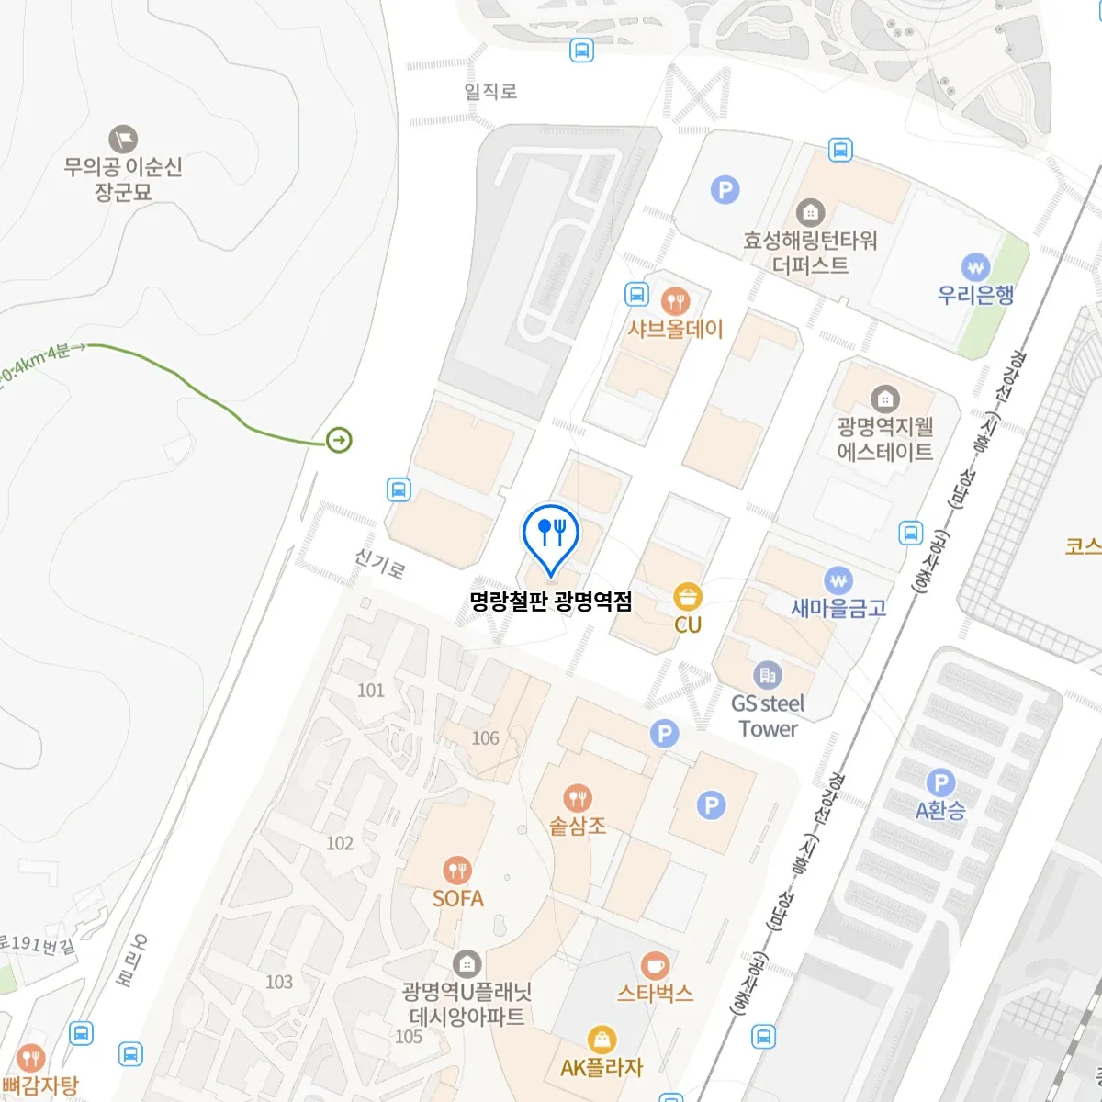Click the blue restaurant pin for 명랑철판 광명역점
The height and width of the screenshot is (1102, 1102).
pyautogui.click(x=550, y=534)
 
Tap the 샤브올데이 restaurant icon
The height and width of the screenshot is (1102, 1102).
pyautogui.click(x=675, y=300)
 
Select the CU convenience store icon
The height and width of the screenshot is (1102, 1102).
pyautogui.click(x=688, y=597)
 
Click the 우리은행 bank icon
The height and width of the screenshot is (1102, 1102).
pyautogui.click(x=975, y=267)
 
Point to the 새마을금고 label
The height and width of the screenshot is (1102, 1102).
pyautogui.click(x=838, y=608)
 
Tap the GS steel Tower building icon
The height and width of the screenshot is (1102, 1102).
pyautogui.click(x=768, y=676)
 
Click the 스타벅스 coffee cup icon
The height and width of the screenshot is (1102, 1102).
pyautogui.click(x=654, y=966)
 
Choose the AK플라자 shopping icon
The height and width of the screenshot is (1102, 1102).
pyautogui.click(x=602, y=1040)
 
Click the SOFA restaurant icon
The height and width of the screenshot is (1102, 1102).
pyautogui.click(x=457, y=871)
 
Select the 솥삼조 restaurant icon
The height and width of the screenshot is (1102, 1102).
pyautogui.click(x=577, y=798)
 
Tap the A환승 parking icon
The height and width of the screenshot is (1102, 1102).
pyautogui.click(x=940, y=783)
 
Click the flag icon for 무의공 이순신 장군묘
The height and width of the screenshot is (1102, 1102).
pyautogui.click(x=123, y=140)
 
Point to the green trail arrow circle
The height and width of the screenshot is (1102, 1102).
pyautogui.click(x=339, y=441)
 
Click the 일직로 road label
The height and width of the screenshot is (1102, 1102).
pyautogui.click(x=490, y=91)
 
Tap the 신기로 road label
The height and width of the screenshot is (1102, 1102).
pyautogui.click(x=379, y=562)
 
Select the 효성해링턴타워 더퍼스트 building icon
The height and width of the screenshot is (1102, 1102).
pyautogui.click(x=810, y=213)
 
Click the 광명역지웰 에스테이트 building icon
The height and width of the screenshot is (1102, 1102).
pyautogui.click(x=884, y=399)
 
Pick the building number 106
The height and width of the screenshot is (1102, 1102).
pyautogui.click(x=485, y=738)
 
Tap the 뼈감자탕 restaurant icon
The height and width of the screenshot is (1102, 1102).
pyautogui.click(x=31, y=1058)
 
